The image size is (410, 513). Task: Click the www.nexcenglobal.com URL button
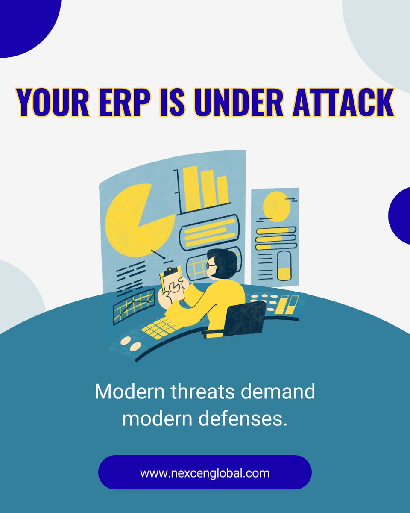[205, 473]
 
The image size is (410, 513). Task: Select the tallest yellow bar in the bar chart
[192, 188]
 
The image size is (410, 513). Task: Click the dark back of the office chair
[244, 319]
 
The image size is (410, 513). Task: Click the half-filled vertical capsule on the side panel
[284, 265]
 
